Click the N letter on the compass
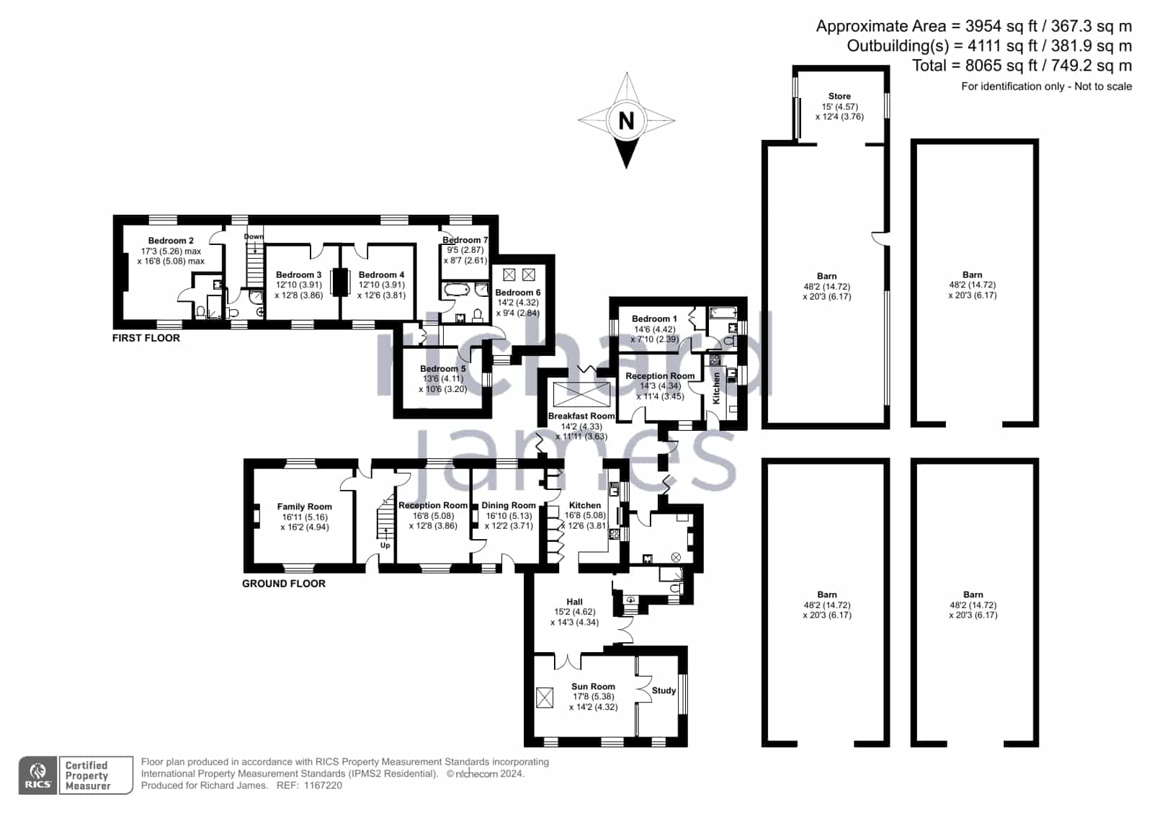[626, 121]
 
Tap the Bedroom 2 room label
[171, 241]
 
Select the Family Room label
[305, 507]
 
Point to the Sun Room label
[593, 686]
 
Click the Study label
[664, 690]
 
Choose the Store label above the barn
[839, 97]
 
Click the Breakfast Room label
[581, 416]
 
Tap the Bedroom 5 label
[443, 368]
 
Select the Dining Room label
[509, 505]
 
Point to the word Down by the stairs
[254, 236]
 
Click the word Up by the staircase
[385, 545]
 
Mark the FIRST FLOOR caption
[146, 338]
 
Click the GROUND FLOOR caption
[284, 584]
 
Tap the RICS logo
[38, 775]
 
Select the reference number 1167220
[323, 785]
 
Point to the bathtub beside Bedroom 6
[457, 289]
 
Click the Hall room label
[574, 602]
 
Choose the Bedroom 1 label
[654, 319]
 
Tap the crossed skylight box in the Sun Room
[545, 698]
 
